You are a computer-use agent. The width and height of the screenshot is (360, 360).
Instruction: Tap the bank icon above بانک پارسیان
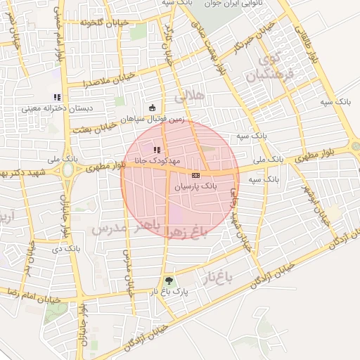point(195,175)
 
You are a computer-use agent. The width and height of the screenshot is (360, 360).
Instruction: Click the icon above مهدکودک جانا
point(156,149)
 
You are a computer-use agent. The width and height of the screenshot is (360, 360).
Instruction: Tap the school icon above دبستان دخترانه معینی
point(57,97)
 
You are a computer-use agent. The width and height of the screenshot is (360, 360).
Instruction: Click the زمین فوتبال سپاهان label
point(153,120)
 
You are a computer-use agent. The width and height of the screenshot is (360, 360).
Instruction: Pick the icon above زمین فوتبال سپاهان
point(153,108)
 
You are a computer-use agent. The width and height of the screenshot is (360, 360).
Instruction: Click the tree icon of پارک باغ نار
point(167,281)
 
